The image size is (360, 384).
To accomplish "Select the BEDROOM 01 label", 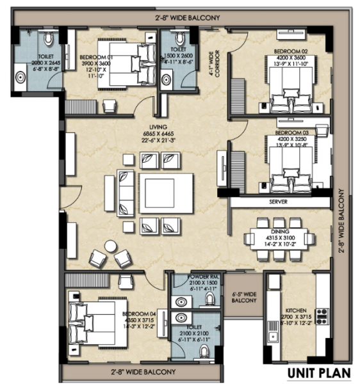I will pos(95,57).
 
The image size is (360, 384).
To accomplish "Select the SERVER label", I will pos(277,201).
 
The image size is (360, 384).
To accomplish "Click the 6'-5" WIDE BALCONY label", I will pos(243,296).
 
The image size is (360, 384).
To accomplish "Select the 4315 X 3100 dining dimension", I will pos(281,238).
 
